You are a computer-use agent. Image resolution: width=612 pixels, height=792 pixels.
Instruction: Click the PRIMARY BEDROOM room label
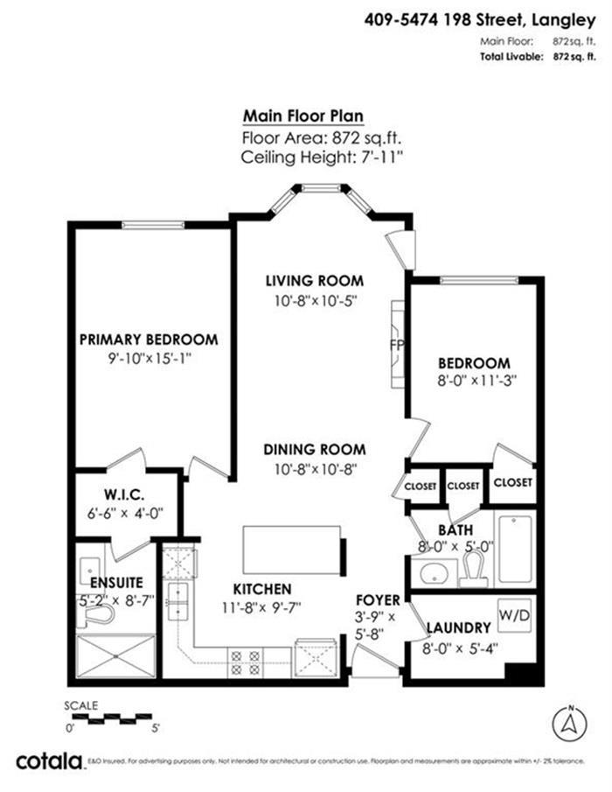click(x=149, y=340)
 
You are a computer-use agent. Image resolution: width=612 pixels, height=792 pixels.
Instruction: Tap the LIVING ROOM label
click(x=315, y=281)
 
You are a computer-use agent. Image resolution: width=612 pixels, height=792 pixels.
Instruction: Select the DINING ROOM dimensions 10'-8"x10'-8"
click(x=315, y=468)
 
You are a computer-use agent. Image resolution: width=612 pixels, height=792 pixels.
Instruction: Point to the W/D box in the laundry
click(x=514, y=615)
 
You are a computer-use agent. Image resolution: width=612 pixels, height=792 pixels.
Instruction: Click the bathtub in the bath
click(x=515, y=550)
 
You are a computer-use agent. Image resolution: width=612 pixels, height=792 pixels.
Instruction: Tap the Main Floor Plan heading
click(x=303, y=116)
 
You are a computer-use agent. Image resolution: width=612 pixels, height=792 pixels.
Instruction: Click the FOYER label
click(x=378, y=600)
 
